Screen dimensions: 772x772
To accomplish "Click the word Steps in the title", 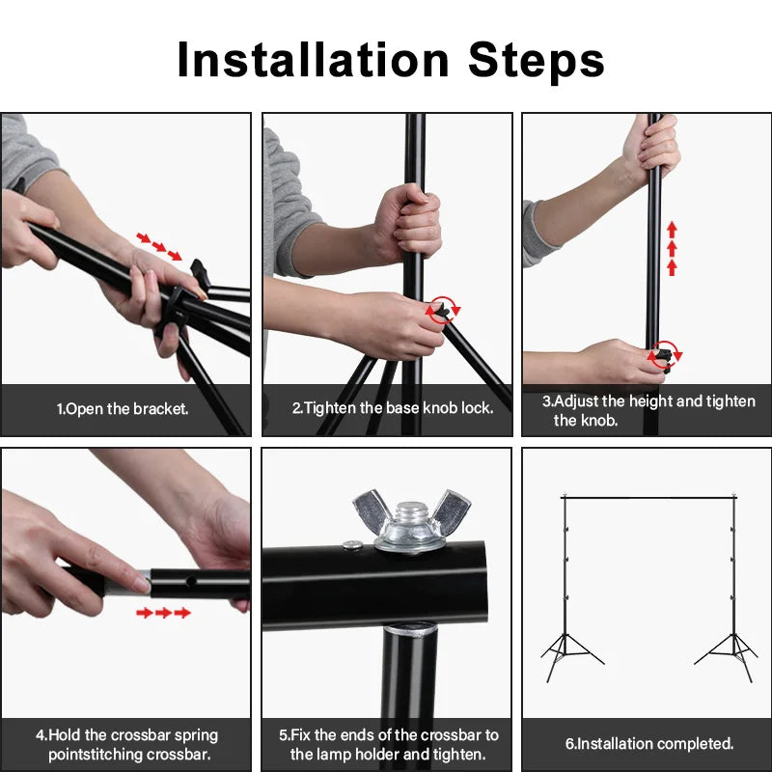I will [537, 60].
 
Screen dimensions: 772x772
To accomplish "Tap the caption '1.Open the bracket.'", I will [123, 408].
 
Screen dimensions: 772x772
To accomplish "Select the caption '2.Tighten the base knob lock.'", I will [393, 408].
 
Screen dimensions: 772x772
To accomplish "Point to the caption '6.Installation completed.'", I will [649, 744].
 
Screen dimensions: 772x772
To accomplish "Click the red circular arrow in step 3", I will [665, 355].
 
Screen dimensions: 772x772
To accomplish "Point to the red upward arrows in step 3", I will [672, 248].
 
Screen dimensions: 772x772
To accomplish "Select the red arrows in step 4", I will [163, 613].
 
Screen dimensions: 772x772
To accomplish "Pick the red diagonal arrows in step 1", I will [159, 246].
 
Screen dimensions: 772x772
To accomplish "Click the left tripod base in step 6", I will [571, 648].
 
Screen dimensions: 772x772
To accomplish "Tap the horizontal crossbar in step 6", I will [647, 498].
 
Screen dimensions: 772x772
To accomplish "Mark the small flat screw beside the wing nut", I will [350, 547].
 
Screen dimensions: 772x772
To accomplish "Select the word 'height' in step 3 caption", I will [651, 401].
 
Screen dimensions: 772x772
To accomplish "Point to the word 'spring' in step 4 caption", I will [193, 735].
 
